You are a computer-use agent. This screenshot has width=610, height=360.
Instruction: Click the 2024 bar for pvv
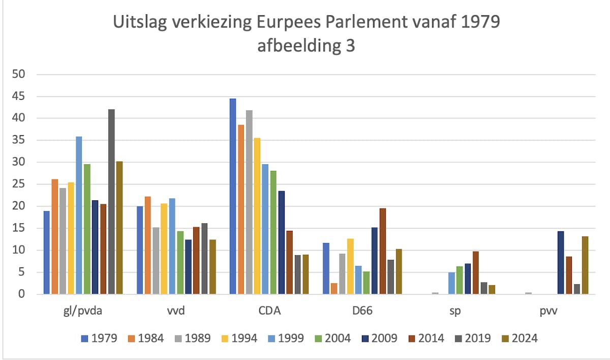pyautogui.click(x=585, y=265)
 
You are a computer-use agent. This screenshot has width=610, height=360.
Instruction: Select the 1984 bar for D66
pyautogui.click(x=334, y=288)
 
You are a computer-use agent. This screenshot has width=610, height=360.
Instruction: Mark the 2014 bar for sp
pyautogui.click(x=476, y=273)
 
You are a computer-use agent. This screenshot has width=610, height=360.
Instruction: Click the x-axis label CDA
pyautogui.click(x=269, y=312)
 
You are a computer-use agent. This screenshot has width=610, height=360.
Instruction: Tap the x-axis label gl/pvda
pyautogui.click(x=83, y=312)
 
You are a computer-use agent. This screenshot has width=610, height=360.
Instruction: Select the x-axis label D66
pyautogui.click(x=362, y=312)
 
